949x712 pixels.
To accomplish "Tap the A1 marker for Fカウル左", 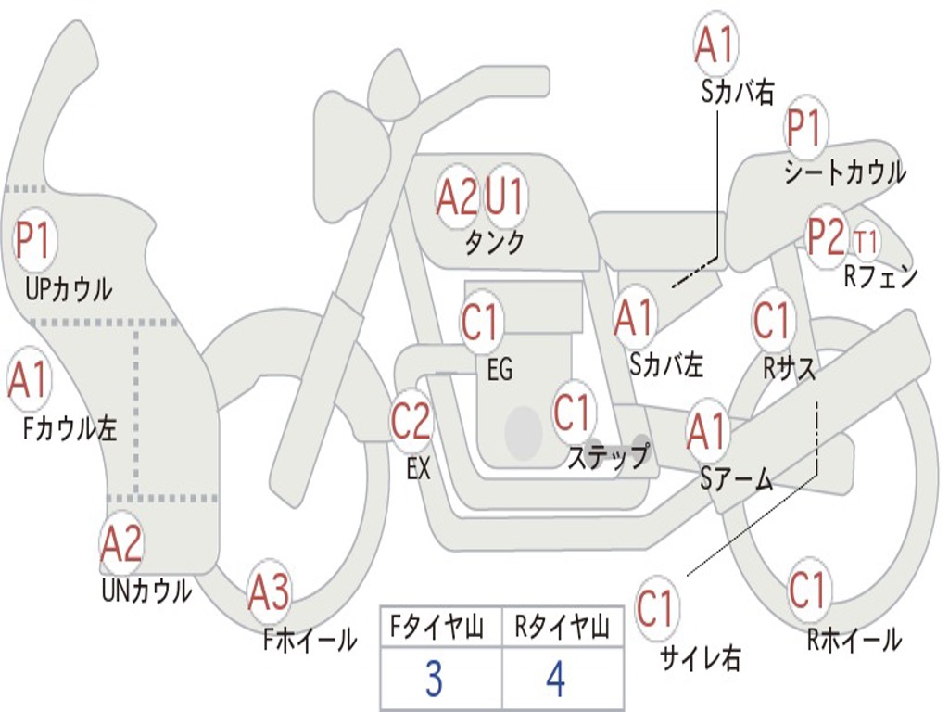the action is pyautogui.click(x=28, y=380).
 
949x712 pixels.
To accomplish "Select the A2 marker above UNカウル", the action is pyautogui.click(x=121, y=544).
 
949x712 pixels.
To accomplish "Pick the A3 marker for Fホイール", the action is pyautogui.click(x=270, y=592).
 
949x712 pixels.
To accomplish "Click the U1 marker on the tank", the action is pyautogui.click(x=505, y=196).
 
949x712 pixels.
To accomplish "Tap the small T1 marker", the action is pyautogui.click(x=866, y=242).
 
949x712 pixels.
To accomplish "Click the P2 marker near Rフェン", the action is pyautogui.click(x=827, y=236).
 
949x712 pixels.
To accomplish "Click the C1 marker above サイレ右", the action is pyautogui.click(x=655, y=608).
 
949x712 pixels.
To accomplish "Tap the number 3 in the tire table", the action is pyautogui.click(x=435, y=679).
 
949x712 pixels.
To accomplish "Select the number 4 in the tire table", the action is pyautogui.click(x=556, y=679).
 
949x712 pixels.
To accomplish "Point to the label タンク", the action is pyautogui.click(x=495, y=243).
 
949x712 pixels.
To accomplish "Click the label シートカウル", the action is pyautogui.click(x=845, y=172).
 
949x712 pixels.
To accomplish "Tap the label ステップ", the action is pyautogui.click(x=609, y=457).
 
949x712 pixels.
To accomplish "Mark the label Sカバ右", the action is pyautogui.click(x=738, y=93).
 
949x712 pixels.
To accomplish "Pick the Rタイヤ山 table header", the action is pyautogui.click(x=563, y=628).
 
